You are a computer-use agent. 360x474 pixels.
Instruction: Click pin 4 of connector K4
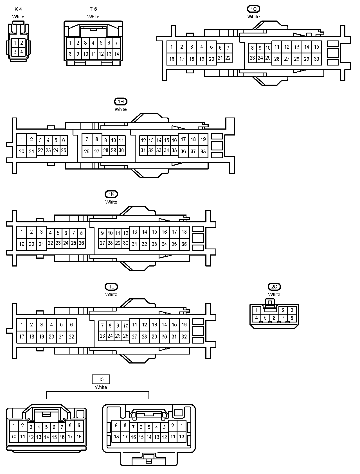(22, 52)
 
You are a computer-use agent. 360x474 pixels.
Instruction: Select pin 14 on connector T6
(116, 54)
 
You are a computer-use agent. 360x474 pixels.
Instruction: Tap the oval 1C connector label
(253, 9)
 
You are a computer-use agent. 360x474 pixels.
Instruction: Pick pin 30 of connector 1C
(317, 59)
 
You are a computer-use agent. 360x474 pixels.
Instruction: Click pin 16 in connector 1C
(172, 59)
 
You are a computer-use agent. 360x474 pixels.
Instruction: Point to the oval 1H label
(120, 101)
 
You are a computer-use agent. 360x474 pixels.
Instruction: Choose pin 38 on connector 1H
(203, 152)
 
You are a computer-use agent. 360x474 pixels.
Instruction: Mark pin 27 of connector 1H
(97, 152)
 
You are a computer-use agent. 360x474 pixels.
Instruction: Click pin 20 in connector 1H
(22, 152)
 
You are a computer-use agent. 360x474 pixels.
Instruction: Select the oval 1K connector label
(111, 194)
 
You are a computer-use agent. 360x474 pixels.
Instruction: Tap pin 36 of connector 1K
(184, 244)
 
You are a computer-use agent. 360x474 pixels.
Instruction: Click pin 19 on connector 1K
(22, 244)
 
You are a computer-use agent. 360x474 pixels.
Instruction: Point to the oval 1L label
(111, 287)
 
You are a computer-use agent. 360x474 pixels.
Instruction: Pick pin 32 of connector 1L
(184, 337)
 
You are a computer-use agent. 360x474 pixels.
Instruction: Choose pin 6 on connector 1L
(71, 325)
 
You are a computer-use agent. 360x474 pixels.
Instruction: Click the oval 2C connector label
(274, 287)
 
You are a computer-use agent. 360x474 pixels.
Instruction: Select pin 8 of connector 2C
(292, 318)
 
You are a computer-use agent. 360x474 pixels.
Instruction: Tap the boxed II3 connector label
(101, 380)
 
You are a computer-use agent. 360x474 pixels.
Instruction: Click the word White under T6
(93, 17)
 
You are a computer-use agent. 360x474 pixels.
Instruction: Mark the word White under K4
(18, 17)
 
